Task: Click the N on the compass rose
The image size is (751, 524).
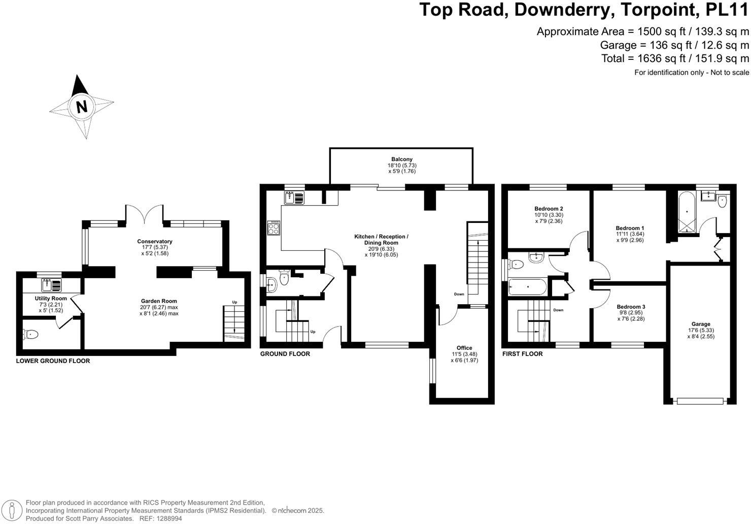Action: click(82, 107)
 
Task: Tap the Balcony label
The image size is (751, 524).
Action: click(402, 159)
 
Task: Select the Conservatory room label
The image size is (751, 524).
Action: click(155, 241)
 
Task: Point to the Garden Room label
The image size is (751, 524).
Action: click(159, 301)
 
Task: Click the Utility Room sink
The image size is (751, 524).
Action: click(52, 285)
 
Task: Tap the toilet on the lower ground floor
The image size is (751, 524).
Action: click(30, 334)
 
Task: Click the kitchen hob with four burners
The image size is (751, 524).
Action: click(274, 228)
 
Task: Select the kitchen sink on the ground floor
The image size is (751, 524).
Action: click(294, 198)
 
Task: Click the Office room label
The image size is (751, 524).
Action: click(464, 348)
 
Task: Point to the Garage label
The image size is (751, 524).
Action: click(701, 324)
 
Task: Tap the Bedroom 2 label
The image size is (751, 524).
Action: click(549, 208)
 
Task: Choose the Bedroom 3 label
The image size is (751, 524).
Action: click(631, 306)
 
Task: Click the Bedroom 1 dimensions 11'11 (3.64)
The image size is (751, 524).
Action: click(630, 234)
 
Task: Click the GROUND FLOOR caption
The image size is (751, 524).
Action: click(285, 353)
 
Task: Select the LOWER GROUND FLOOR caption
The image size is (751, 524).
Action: click(53, 361)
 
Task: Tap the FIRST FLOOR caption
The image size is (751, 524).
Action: click(522, 353)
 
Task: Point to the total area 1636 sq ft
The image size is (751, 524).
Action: click(657, 58)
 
